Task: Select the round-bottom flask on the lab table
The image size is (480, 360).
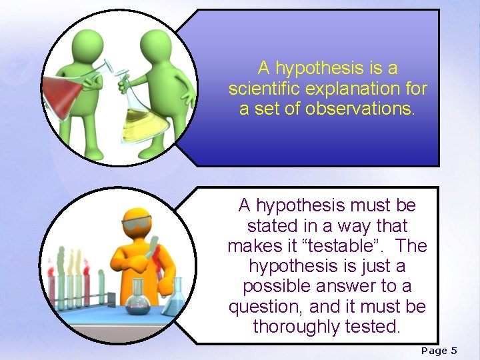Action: click(x=139, y=301)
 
